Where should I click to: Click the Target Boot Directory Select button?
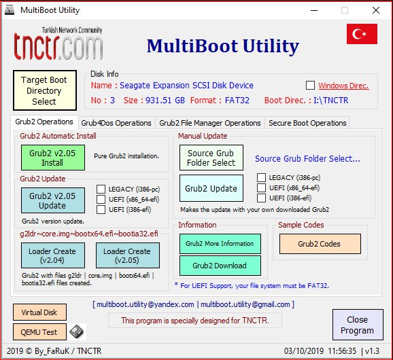[x=45, y=90]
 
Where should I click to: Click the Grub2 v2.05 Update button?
[x=53, y=200]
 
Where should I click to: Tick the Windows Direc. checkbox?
[x=310, y=86]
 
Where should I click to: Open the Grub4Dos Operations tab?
[x=116, y=123]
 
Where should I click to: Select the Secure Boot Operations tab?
[x=307, y=123]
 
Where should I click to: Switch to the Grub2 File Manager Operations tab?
[x=210, y=123]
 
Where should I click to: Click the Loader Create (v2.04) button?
[x=53, y=255]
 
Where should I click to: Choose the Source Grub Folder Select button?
[x=211, y=158]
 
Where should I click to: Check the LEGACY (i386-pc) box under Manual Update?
[x=261, y=177]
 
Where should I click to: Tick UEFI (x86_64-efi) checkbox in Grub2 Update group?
[x=101, y=199]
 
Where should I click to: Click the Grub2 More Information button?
[x=220, y=244]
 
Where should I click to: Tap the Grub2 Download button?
[x=220, y=266]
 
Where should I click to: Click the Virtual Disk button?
[x=39, y=312]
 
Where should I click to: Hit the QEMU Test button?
[x=39, y=332]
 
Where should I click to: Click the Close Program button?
[x=358, y=325]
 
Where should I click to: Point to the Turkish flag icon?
[x=362, y=34]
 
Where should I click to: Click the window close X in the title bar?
[x=376, y=10]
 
